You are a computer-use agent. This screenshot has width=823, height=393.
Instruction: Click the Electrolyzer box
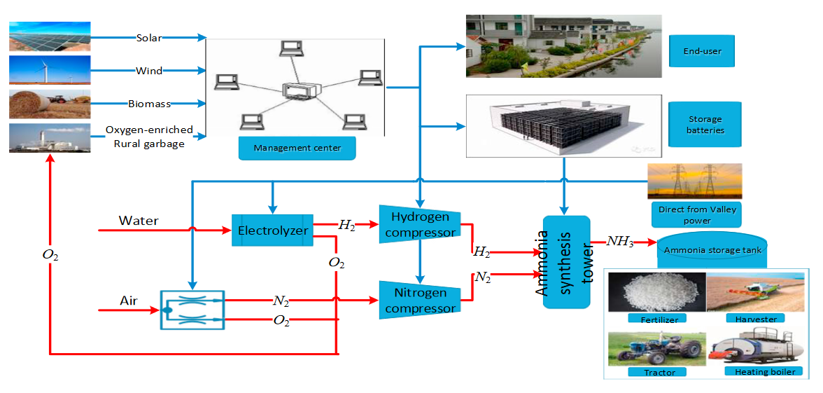coord(272,230)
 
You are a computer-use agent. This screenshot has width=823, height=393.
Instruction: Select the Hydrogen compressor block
coord(419,224)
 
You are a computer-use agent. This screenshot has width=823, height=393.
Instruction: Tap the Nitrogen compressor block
coord(419,299)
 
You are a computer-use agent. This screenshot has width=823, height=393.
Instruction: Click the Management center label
coord(297,149)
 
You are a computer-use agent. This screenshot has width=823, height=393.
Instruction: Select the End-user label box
coord(702,51)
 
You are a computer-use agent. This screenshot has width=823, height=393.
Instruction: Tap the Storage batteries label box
coord(705,124)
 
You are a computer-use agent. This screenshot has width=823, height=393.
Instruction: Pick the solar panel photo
coord(49,36)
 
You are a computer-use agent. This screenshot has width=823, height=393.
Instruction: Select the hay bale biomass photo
coord(49,103)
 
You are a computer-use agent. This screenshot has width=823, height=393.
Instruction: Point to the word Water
coord(138,221)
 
